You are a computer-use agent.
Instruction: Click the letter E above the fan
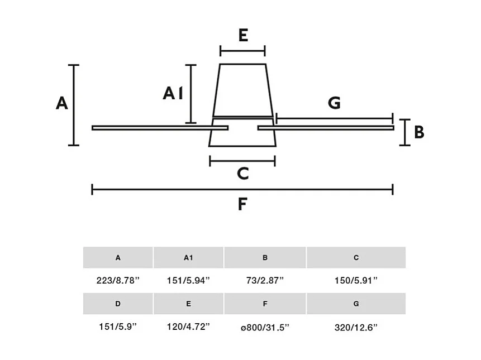[243, 35]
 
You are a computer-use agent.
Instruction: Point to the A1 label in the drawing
[173, 93]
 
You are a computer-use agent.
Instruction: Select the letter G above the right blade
[334, 103]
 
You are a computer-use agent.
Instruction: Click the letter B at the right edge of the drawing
[419, 132]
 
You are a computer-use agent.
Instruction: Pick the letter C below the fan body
[242, 174]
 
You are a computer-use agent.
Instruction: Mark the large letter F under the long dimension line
[242, 204]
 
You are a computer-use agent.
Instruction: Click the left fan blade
[160, 128]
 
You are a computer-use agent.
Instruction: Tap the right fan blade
[326, 128]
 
